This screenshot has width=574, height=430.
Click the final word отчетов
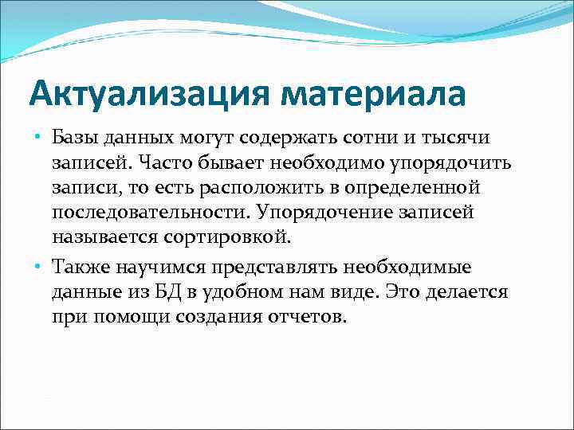(305, 317)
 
